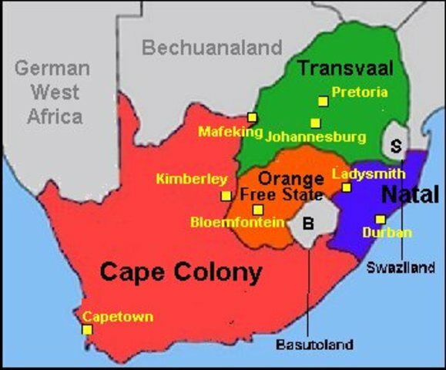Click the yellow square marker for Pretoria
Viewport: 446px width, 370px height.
323,100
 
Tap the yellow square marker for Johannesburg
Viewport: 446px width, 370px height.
315,123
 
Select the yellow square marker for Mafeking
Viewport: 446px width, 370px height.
252,117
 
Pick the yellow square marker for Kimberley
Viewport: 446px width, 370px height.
226,196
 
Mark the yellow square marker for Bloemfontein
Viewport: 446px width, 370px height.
258,209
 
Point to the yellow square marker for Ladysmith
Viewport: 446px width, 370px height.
347,187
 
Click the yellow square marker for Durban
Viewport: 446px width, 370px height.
381,219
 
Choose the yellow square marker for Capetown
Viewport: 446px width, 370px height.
87,330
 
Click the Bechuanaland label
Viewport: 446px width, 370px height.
212,49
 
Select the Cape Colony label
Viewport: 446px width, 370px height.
181,272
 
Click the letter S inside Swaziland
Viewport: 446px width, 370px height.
397,144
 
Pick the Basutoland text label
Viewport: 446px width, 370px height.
314,345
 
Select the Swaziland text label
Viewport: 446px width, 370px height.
401,267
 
